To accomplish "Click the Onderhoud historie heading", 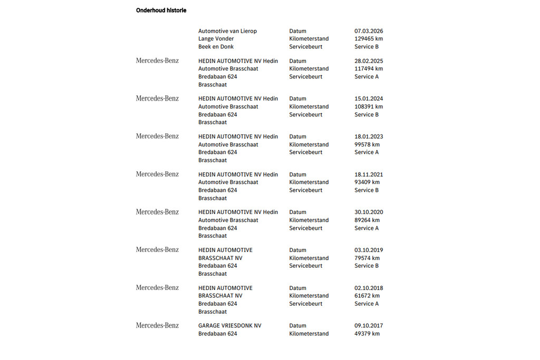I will (161, 11).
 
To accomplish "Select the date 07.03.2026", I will (369, 31).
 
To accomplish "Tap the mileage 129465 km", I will (369, 39).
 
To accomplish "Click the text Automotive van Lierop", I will (227, 31).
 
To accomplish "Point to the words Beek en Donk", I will (216, 47).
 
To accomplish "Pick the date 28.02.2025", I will (369, 61).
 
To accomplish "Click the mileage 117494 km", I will (369, 69).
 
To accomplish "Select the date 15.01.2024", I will (369, 99).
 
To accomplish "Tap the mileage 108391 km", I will (369, 106).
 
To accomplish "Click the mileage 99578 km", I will (367, 144).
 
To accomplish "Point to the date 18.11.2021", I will (369, 174).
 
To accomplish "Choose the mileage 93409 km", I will (367, 182).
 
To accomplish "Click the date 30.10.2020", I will (369, 212).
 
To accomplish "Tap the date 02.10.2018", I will (369, 288).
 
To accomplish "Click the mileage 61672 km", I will (367, 296).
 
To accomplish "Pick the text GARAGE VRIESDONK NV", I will (229, 326).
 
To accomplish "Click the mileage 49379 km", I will (367, 334).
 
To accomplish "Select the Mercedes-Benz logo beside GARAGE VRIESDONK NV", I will (157, 326).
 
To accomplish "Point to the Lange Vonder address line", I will (216, 39).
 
